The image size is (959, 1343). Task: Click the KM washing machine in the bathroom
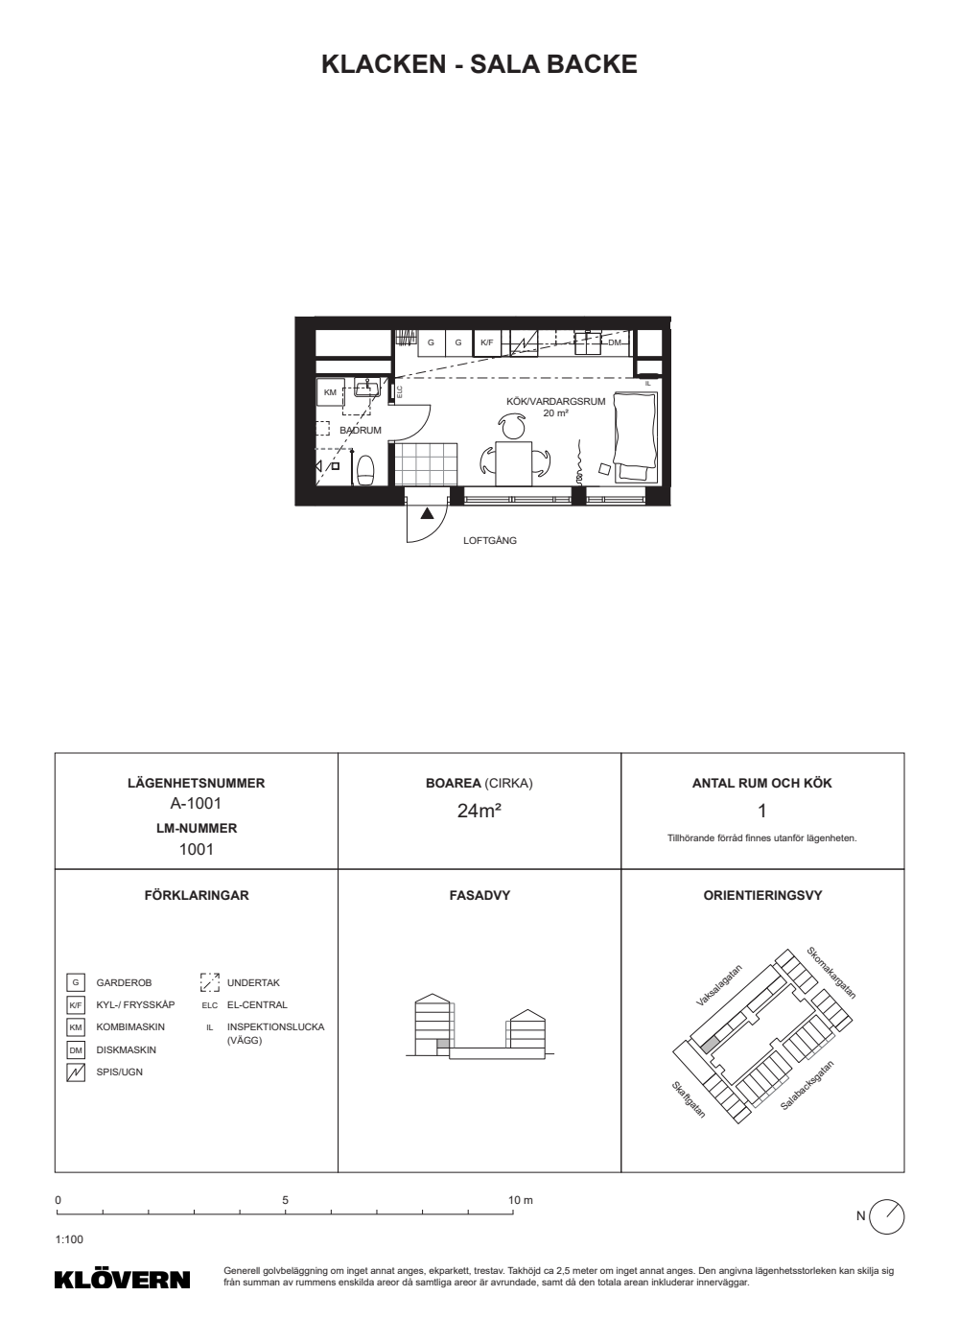click(330, 392)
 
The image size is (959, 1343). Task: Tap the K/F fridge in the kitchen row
click(487, 343)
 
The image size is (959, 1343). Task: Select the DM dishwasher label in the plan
click(615, 343)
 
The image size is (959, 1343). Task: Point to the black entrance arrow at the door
click(427, 513)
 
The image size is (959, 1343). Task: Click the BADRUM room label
click(361, 431)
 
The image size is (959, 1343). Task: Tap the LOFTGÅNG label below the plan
click(490, 540)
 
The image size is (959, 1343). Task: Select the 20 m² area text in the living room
click(555, 413)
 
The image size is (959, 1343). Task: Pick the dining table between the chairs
click(514, 463)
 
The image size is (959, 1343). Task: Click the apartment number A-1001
click(196, 804)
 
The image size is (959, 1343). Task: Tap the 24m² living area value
click(479, 811)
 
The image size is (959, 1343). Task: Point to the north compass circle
click(886, 1217)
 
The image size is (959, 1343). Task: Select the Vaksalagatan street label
click(719, 985)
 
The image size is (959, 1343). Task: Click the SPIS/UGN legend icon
click(76, 1072)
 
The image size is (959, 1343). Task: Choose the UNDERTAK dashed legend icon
click(210, 982)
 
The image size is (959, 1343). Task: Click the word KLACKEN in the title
click(384, 64)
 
